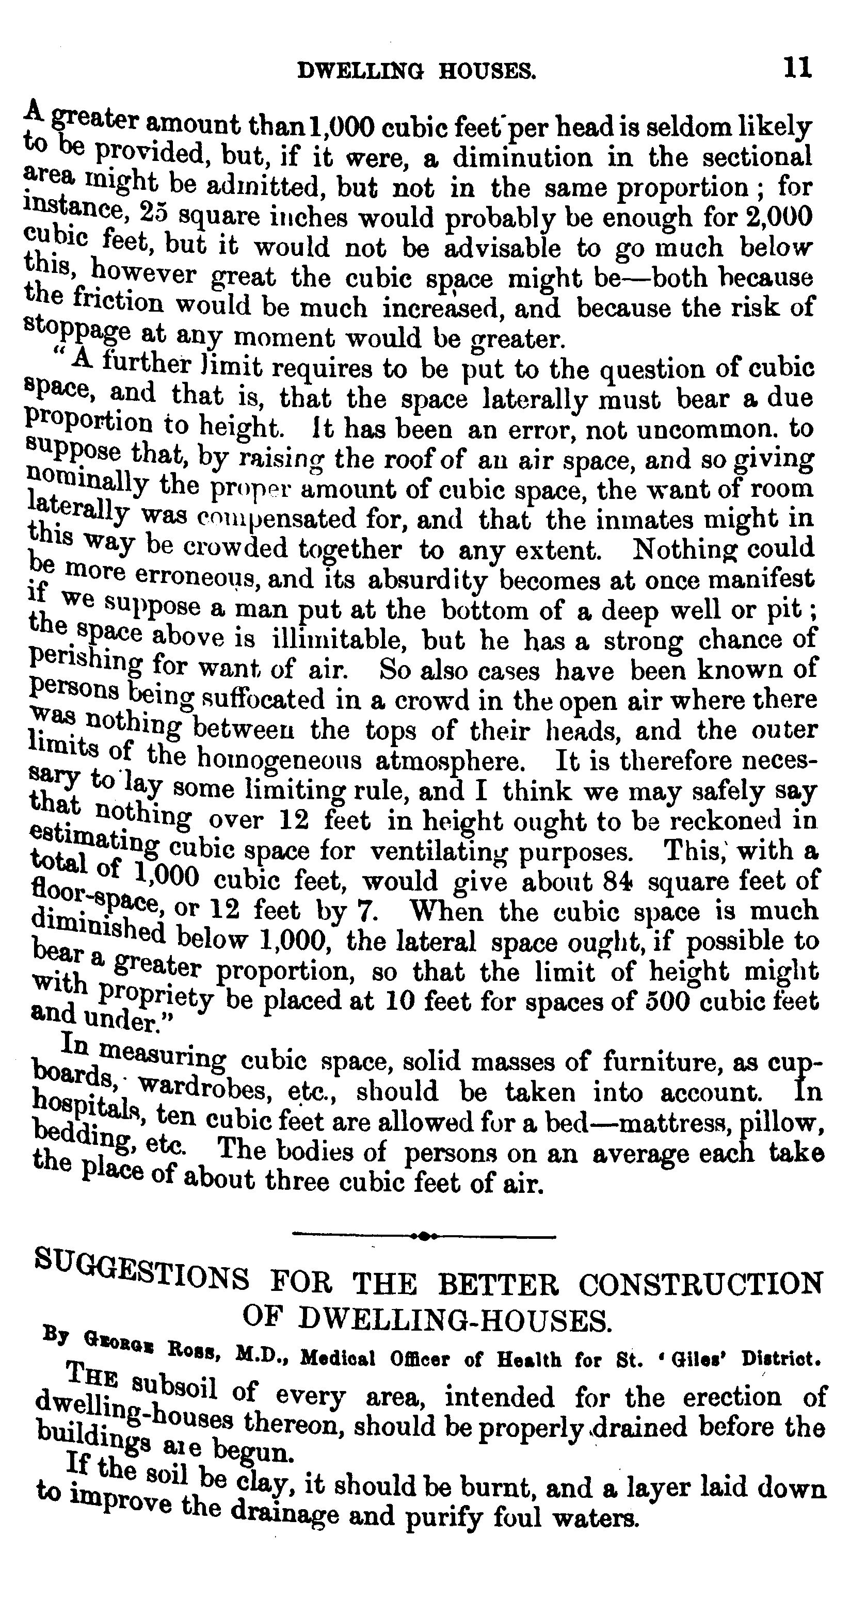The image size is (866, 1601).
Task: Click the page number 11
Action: pos(797,68)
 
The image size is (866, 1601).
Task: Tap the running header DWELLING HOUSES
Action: pos(416,73)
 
